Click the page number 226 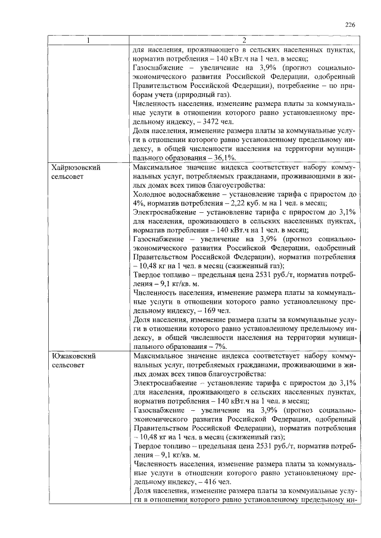tap(350, 24)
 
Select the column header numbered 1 tap(88, 40)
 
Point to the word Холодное tap(151, 194)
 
